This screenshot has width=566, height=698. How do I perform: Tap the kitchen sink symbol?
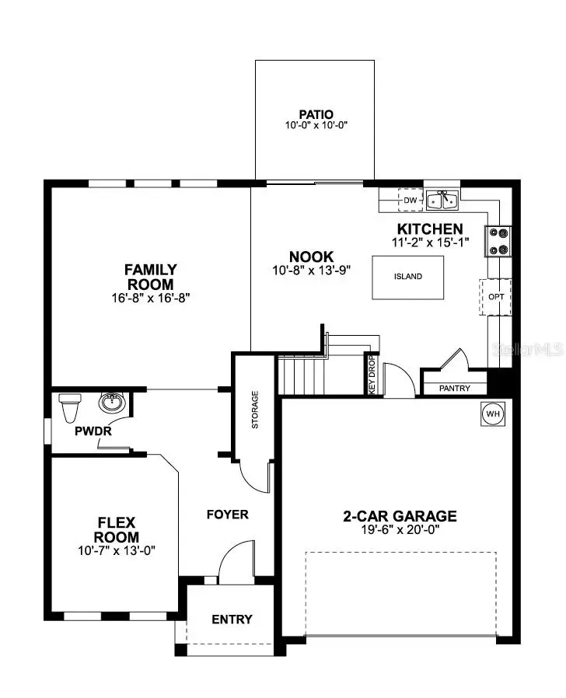[x=442, y=200]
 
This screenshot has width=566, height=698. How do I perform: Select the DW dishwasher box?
[x=411, y=201]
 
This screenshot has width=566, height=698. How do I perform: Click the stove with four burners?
[x=498, y=241]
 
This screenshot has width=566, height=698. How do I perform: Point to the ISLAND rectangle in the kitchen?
[x=408, y=277]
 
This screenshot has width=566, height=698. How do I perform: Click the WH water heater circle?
[x=492, y=414]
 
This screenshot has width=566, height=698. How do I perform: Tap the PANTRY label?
[x=454, y=388]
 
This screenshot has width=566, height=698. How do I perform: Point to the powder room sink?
[x=112, y=403]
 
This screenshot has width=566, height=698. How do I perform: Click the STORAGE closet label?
[x=255, y=410]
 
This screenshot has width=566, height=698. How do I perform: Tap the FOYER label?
[x=227, y=515]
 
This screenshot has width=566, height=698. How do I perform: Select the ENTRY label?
[x=232, y=619]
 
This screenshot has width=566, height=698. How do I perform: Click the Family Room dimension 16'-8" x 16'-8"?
[x=150, y=298]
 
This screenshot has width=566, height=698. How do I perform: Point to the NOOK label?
[x=311, y=257]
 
